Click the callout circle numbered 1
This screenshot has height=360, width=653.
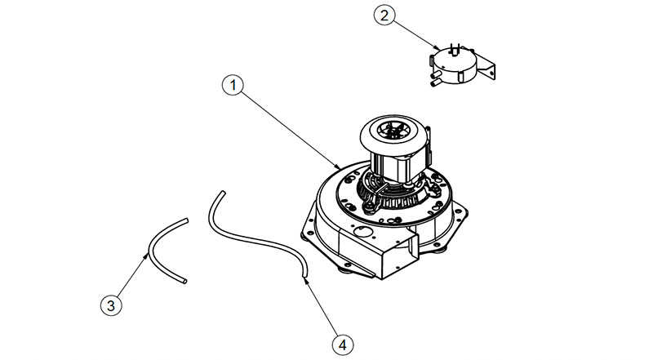pyautogui.click(x=233, y=85)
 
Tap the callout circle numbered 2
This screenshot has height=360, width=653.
pyautogui.click(x=384, y=16)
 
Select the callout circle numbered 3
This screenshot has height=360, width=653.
pyautogui.click(x=111, y=306)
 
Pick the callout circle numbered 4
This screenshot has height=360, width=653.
pyautogui.click(x=343, y=345)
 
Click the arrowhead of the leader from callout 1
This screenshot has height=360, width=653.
pyautogui.click(x=339, y=166)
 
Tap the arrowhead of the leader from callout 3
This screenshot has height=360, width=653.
pyautogui.click(x=146, y=255)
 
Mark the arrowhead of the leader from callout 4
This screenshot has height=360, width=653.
pyautogui.click(x=306, y=281)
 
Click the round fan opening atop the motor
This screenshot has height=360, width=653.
pyautogui.click(x=393, y=131)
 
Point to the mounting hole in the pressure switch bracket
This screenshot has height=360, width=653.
pyautogui.click(x=491, y=73)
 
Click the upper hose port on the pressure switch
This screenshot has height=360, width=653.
pyautogui.click(x=436, y=74)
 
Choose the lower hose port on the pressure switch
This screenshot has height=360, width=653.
pyautogui.click(x=435, y=83)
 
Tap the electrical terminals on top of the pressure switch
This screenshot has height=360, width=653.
pyautogui.click(x=455, y=48)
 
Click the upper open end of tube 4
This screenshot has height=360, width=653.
pyautogui.click(x=223, y=193)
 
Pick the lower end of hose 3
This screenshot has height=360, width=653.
pyautogui.click(x=184, y=282)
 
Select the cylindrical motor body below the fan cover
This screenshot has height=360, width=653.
pyautogui.click(x=395, y=166)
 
